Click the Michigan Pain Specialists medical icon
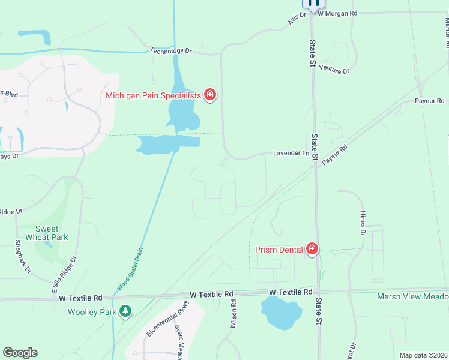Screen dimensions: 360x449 210,95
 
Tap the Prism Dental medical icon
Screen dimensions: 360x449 312,249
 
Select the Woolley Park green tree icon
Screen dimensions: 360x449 125,311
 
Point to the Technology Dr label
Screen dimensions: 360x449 170,51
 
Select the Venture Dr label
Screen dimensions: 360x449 334,70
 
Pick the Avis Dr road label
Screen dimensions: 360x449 293,20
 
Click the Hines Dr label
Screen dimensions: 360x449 363,223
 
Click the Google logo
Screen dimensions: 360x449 20,353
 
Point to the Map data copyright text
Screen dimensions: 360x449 423,355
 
